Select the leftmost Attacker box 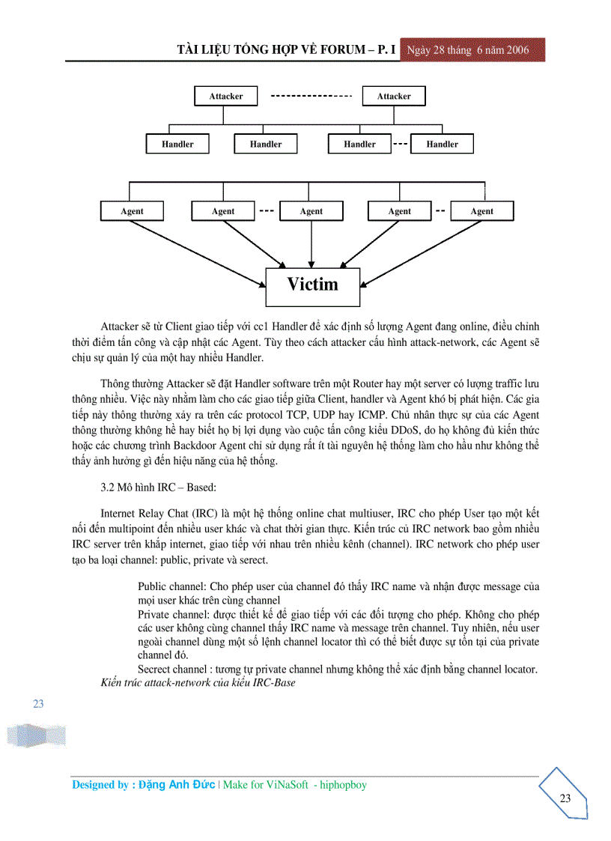[x=225, y=97]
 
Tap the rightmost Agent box [x=481, y=211]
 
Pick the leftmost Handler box [x=177, y=145]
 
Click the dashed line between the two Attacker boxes [x=311, y=97]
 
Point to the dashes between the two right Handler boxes [x=400, y=144]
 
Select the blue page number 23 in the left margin [x=38, y=704]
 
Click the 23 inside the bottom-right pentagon [x=565, y=798]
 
